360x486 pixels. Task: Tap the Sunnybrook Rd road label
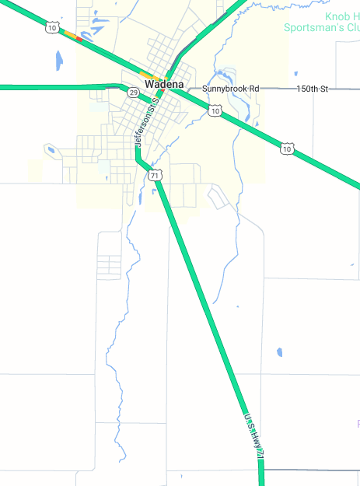[x=230, y=89]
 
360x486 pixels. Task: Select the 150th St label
[x=313, y=89]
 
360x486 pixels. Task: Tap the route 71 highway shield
[x=156, y=176]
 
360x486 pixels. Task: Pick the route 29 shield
[x=134, y=93]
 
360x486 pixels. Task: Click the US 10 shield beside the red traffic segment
[x=51, y=27]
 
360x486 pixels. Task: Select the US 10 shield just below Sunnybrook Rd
[x=215, y=111]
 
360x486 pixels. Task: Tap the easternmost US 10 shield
[x=288, y=149]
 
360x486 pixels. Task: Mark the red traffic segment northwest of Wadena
[x=79, y=38]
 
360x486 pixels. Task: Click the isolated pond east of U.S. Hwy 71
[x=279, y=352]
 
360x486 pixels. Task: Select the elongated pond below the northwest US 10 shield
[x=59, y=59]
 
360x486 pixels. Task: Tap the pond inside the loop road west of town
[x=51, y=149]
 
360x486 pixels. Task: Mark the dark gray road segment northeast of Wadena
[x=183, y=59]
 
